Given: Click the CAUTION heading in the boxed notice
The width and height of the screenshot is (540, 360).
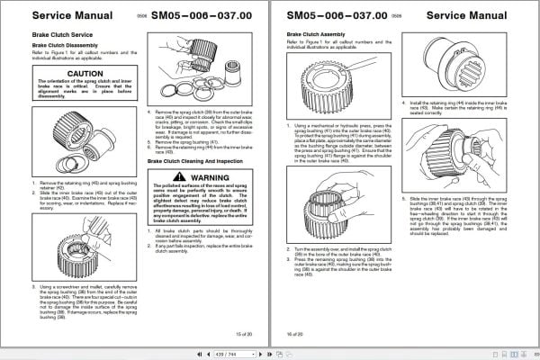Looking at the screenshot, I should click(x=72, y=74).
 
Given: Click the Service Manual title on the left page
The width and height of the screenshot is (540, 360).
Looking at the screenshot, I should click(x=51, y=15).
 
